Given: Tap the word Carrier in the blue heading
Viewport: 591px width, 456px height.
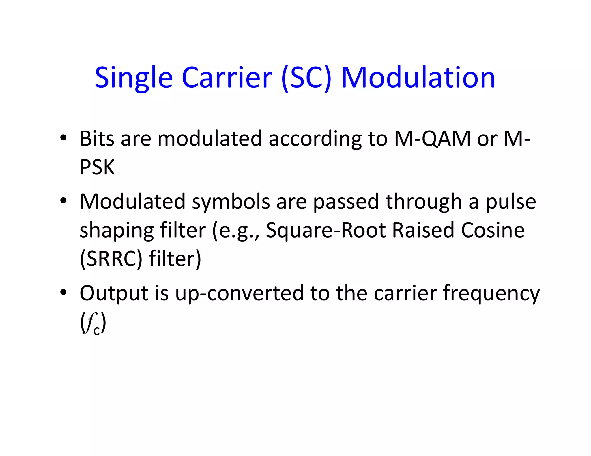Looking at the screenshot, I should coord(227,77).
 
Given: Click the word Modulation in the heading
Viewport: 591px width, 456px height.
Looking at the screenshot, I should coord(418,77).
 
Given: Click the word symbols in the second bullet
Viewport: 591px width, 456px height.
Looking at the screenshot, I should coord(231,202).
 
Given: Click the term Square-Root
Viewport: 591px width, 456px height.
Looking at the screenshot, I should coord(326,231).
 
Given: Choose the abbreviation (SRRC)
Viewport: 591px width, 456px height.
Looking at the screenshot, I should coord(111,259).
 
